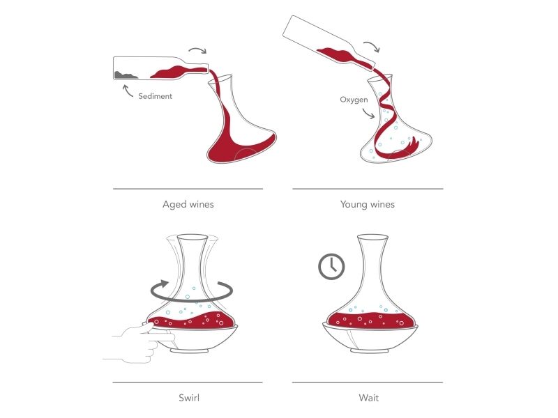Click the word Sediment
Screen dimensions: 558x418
coord(155,96)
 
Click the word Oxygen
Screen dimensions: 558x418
coord(354,100)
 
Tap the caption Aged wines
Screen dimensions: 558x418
coord(188,204)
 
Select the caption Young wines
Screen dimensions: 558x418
coord(368,204)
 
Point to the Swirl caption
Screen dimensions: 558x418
coord(189,397)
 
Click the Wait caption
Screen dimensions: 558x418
coord(369,397)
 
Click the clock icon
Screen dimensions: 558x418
coord(331,266)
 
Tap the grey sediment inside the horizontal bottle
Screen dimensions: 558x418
coord(126,75)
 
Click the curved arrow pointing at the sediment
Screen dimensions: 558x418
coord(127,91)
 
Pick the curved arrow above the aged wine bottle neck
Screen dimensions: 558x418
coord(198,49)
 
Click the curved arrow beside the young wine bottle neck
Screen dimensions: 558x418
coord(372,45)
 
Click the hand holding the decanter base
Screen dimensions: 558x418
coord(142,343)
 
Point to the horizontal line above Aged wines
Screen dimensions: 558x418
coord(188,189)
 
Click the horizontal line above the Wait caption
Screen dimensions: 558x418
coord(368,382)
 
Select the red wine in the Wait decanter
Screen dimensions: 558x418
coord(371,320)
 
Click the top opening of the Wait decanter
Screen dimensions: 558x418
coord(372,237)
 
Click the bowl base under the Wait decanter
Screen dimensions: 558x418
coord(370,339)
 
